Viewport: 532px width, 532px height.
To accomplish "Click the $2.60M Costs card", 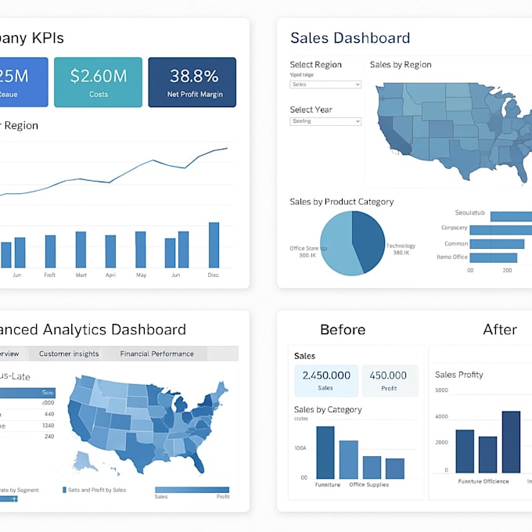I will click(99, 82).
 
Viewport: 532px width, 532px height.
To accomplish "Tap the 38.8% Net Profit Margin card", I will click(192, 82).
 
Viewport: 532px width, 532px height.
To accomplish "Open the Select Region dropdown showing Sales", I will click(325, 84).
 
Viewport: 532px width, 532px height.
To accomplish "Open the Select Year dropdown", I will click(325, 121).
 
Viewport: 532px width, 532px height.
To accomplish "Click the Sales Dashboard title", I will click(350, 38).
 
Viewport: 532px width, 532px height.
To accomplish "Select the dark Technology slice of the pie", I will click(369, 238).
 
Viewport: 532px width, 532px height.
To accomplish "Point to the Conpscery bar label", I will click(454, 228).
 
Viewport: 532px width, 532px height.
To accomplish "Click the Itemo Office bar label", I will click(452, 257).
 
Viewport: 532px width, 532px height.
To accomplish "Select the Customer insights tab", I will click(69, 354).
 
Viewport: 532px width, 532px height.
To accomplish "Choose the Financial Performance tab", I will click(156, 354).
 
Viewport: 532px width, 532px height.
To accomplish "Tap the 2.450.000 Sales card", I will click(325, 380).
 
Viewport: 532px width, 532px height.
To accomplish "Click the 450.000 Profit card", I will click(389, 380).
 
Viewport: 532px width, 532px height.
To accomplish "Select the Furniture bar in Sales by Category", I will click(325, 452).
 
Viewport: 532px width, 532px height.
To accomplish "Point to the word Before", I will click(343, 329).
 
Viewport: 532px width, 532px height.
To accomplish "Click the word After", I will click(499, 329).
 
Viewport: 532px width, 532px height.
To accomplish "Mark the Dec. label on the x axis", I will click(214, 275).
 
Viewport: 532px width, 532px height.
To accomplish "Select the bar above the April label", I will click(110, 251).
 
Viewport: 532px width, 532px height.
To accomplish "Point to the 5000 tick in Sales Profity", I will click(441, 390).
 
